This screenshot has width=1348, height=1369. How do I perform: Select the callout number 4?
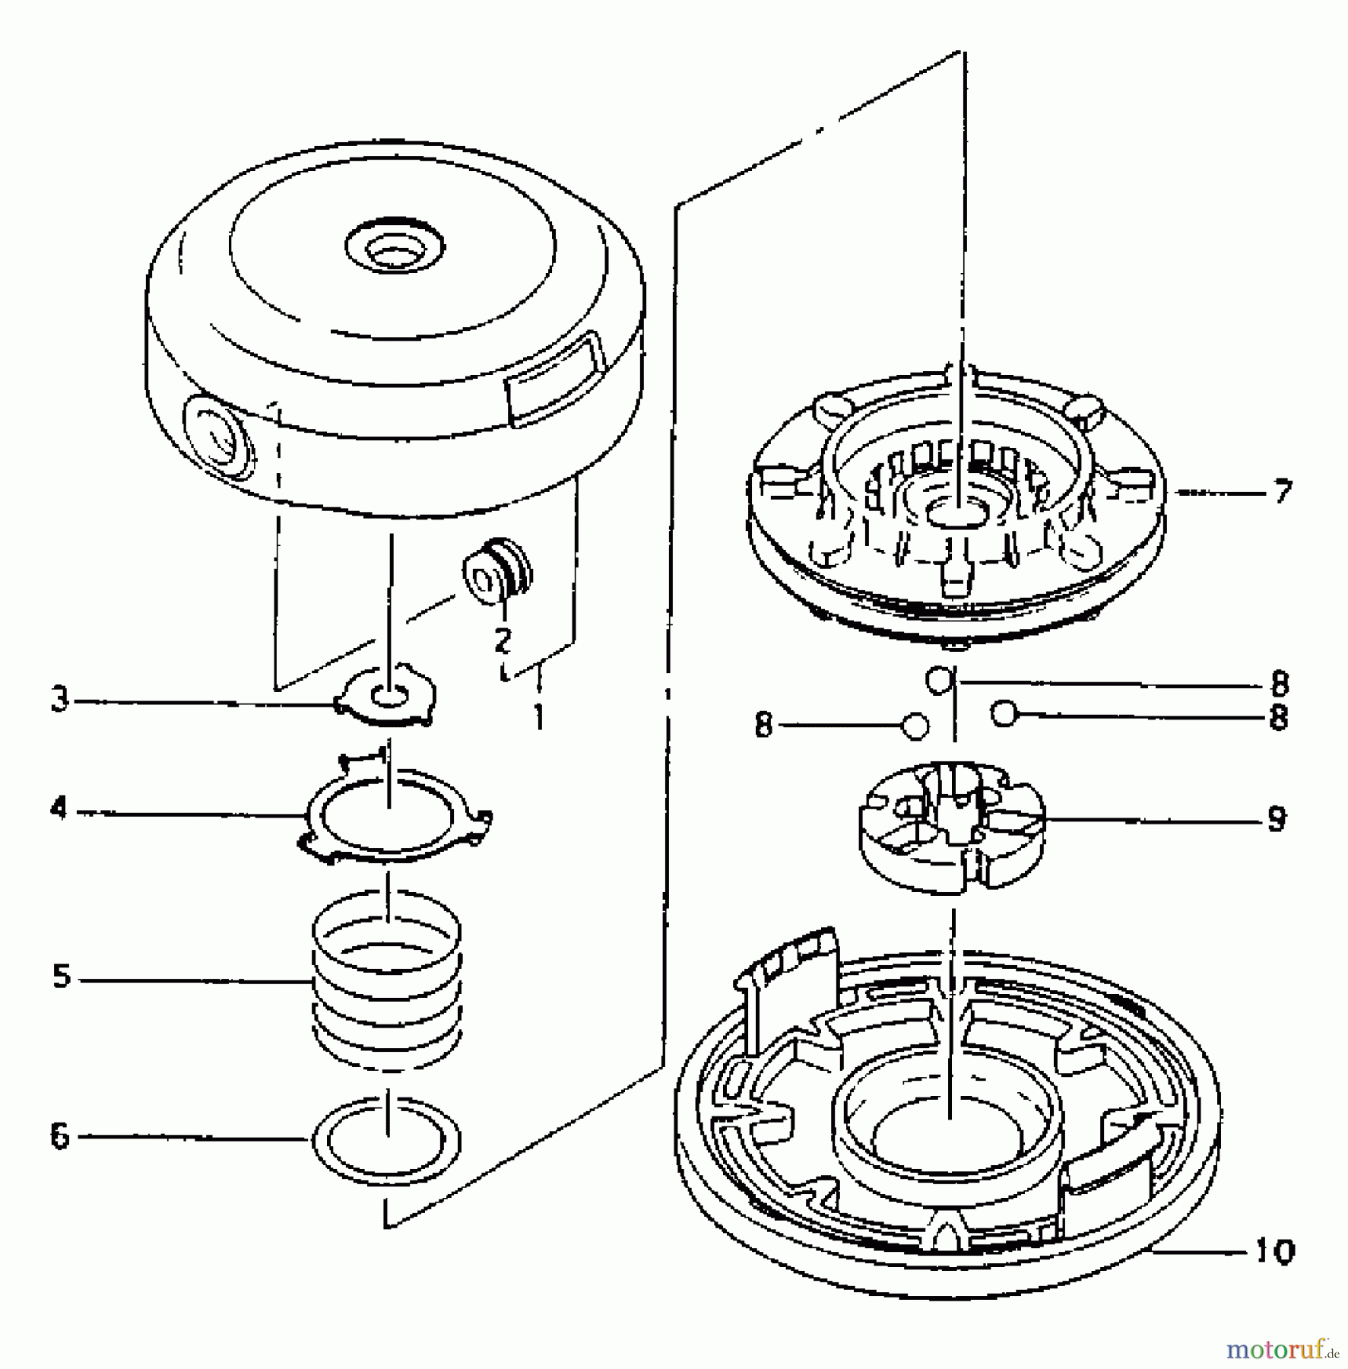[x=59, y=808]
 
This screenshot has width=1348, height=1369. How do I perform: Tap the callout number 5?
[x=61, y=977]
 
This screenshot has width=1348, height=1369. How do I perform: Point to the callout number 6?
[x=59, y=1137]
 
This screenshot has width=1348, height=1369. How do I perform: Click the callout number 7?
[x=1282, y=492]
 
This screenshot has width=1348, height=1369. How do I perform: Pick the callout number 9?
[x=1277, y=819]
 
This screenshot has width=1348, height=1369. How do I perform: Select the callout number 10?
[x=1274, y=1251]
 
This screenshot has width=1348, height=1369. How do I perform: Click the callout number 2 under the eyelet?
[x=502, y=640]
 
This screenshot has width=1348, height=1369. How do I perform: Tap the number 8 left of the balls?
[x=763, y=726]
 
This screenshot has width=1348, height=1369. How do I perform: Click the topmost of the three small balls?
[x=938, y=679]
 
